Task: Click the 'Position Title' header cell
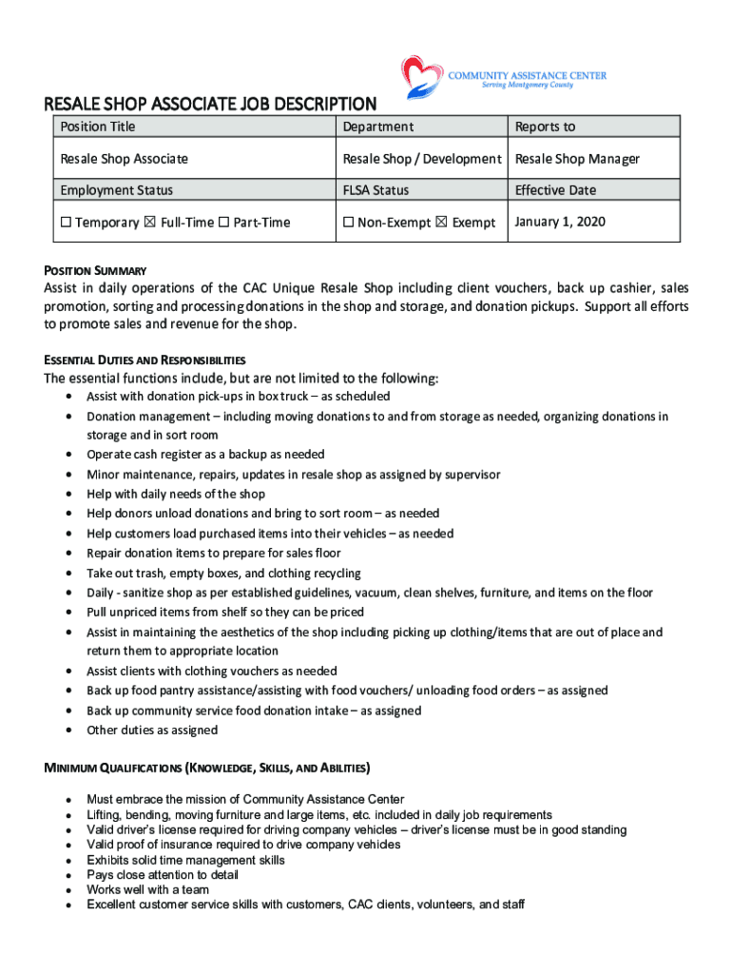click(98, 127)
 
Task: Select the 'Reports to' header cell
click(545, 127)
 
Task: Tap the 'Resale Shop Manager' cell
click(577, 159)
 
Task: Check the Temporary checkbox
click(66, 223)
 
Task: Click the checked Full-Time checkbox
click(150, 223)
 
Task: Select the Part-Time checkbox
click(223, 223)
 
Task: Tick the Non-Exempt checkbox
click(349, 223)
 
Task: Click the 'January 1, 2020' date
click(560, 222)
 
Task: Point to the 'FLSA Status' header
click(376, 190)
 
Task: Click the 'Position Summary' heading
click(94, 271)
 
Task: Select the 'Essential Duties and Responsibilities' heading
click(144, 360)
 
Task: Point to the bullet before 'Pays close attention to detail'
click(69, 875)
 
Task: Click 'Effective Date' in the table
click(555, 190)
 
